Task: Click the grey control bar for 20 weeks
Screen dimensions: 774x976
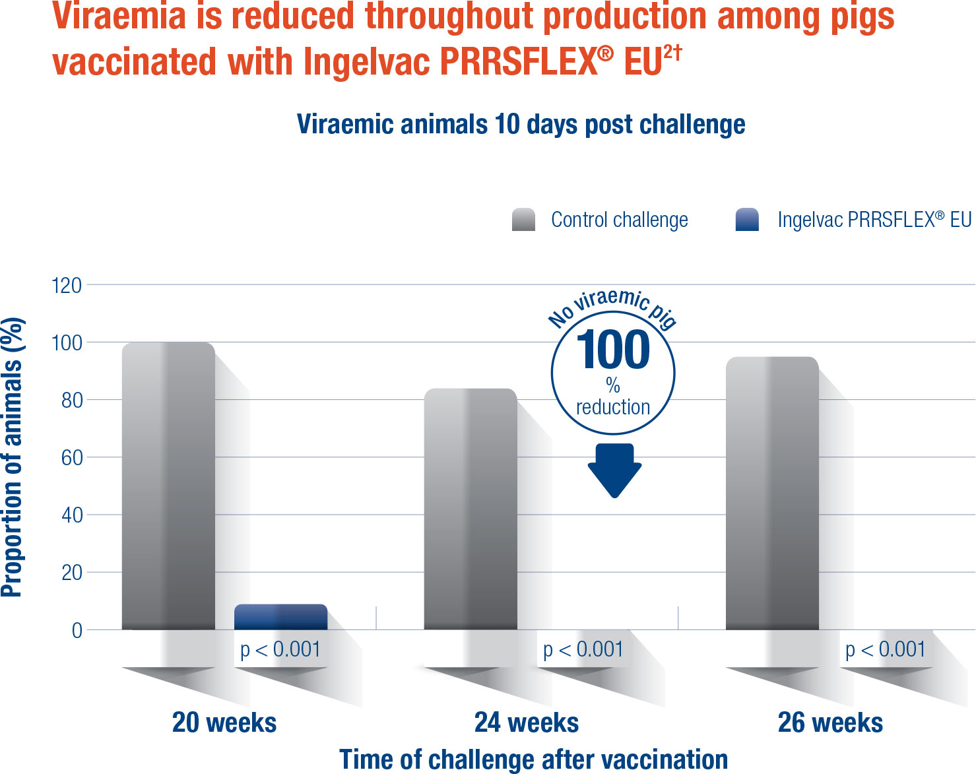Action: tap(168, 486)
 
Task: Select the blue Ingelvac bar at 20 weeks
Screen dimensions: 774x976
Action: tap(280, 617)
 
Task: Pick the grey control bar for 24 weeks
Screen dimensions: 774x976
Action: tap(470, 509)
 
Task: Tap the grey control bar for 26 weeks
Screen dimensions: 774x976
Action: tap(772, 493)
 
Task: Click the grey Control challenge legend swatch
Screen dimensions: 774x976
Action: tap(523, 220)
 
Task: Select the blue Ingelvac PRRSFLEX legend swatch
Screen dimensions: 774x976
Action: tap(747, 220)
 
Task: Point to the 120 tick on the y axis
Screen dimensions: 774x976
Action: tap(67, 286)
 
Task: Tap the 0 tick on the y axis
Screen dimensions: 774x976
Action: tap(77, 630)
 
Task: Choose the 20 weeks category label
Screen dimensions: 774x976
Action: tap(224, 723)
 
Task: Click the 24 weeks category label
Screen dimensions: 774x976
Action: tap(527, 723)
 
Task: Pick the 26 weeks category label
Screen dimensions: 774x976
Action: tap(830, 723)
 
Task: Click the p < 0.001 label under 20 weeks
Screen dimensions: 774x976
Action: tap(280, 650)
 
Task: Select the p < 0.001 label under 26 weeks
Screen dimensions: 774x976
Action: tap(886, 650)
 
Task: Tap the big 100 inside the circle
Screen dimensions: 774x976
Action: tap(613, 350)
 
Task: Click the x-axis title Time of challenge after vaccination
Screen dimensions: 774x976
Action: tap(533, 759)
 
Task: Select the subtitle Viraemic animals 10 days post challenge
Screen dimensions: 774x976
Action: tap(521, 124)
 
